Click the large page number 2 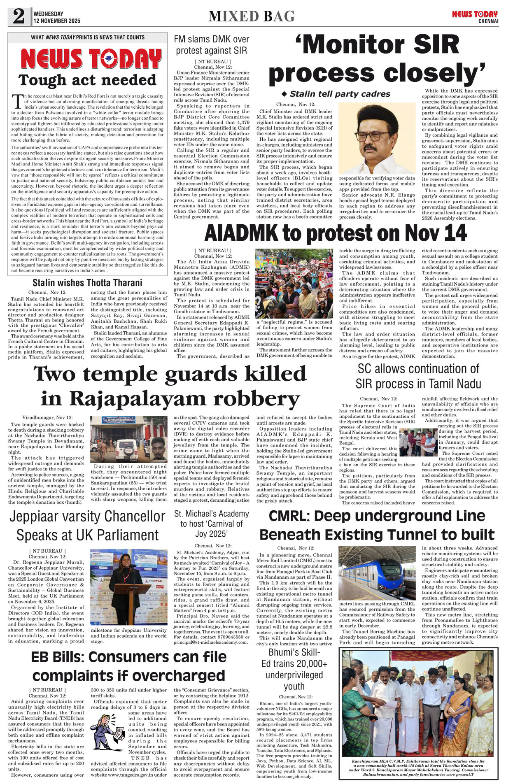pos(19,17)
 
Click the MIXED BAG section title pos(252,16)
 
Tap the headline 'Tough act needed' pos(87,80)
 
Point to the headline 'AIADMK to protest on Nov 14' pos(335,233)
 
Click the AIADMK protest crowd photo pos(294,283)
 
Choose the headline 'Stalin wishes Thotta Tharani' pos(87,283)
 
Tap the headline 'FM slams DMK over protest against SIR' pos(212,45)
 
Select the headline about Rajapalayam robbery pos(170,386)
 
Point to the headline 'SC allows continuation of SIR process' pos(418,376)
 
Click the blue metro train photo pos(377,573)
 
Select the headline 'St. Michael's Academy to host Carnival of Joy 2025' pos(212,524)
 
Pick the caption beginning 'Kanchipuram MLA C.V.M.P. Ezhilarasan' pos(418,768)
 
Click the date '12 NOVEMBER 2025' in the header pos(57,21)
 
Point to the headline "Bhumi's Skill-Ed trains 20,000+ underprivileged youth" pos(294,669)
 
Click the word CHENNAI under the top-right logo pos(488,21)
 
